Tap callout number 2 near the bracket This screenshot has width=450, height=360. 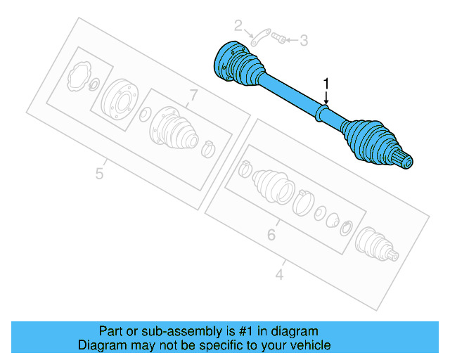[x=238, y=27]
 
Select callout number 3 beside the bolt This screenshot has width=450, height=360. [x=304, y=41]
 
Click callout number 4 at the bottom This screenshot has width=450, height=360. [x=279, y=275]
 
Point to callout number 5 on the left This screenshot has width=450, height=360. [x=100, y=172]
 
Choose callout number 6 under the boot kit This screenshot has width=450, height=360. [x=271, y=234]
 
